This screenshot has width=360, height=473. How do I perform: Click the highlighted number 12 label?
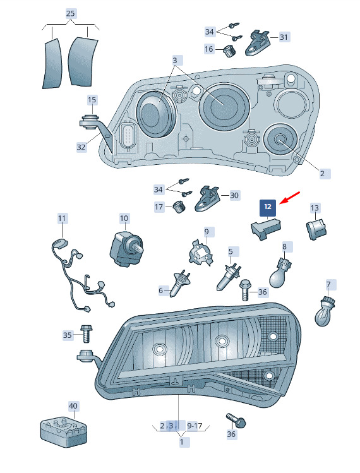tap(268, 208)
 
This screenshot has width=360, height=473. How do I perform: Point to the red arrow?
tap(289, 198)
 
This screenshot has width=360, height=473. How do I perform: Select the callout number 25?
tap(70, 13)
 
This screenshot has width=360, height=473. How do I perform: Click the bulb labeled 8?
tap(279, 272)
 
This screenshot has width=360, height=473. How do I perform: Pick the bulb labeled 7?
tap(325, 311)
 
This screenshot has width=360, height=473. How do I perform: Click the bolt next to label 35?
tap(86, 333)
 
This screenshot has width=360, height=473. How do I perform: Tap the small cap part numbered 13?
tap(316, 229)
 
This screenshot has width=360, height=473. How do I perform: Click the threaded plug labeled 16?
tap(230, 51)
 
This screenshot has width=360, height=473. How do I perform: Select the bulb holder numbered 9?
tap(200, 253)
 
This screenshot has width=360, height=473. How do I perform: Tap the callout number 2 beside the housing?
tap(322, 174)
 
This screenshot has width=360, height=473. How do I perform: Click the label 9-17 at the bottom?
tap(195, 426)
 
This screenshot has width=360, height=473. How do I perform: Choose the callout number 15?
tap(92, 100)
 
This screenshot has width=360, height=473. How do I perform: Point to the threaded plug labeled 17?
tap(179, 207)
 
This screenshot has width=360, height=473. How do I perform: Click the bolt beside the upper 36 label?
tap(244, 290)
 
